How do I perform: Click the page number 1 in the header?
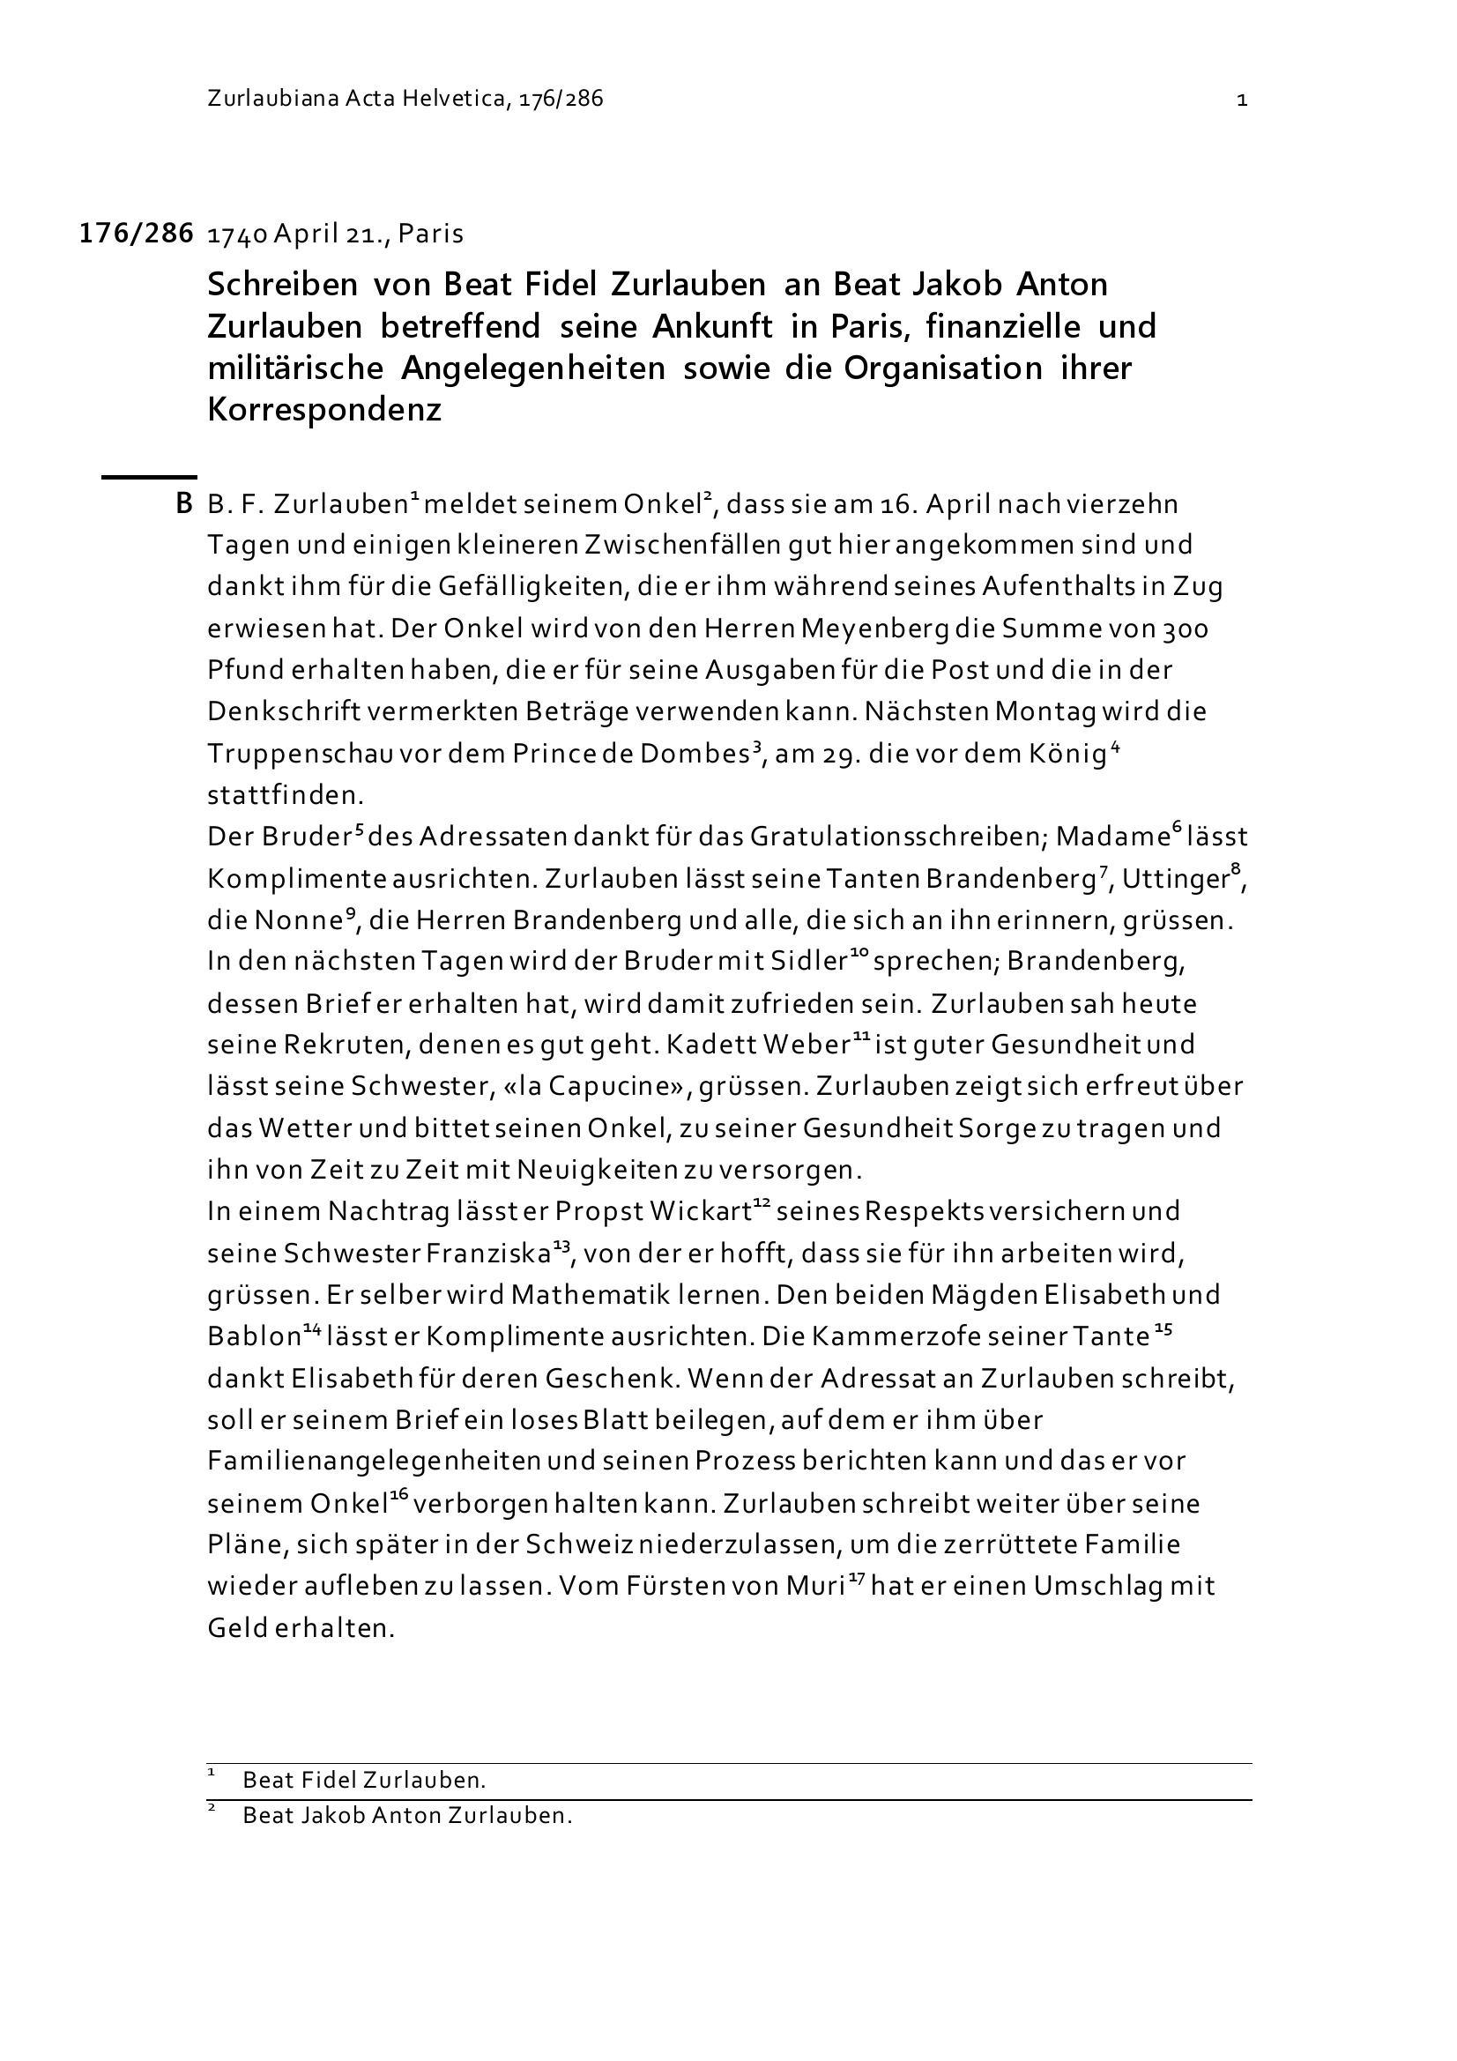[1242, 100]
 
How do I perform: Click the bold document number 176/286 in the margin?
[136, 234]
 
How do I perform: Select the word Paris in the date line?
[431, 234]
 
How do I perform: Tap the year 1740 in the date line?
[237, 234]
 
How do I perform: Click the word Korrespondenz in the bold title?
[324, 409]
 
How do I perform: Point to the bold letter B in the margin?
[184, 503]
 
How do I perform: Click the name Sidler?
[808, 962]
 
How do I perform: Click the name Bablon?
[253, 1337]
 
